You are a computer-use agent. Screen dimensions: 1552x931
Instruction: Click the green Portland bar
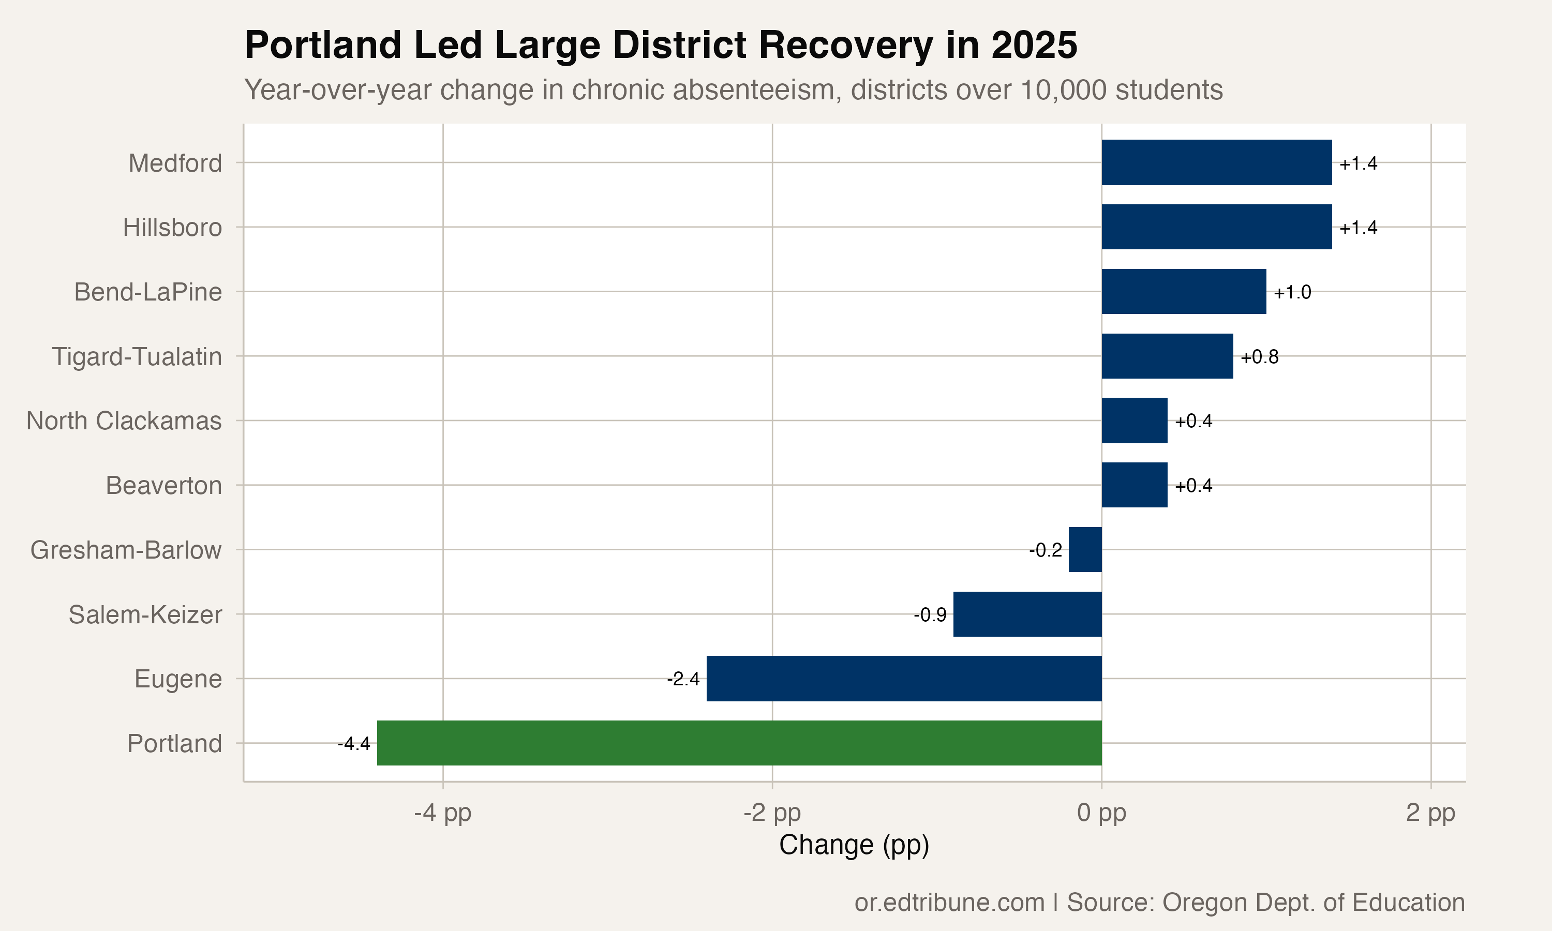739,743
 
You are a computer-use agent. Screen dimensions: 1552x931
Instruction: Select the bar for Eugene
904,678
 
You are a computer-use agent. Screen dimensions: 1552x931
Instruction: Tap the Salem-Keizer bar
1027,614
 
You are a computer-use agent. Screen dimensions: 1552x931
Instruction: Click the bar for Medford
1217,162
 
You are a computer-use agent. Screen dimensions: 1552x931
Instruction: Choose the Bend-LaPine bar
1184,292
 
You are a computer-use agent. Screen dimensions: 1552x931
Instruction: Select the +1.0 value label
1292,292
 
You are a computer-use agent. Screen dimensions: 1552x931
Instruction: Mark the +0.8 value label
1260,357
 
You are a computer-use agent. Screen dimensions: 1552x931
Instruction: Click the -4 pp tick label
443,814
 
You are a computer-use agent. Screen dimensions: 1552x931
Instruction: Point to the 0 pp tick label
1101,814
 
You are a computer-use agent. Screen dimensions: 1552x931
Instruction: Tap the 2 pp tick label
1431,814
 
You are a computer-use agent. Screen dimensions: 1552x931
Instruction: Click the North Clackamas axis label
124,421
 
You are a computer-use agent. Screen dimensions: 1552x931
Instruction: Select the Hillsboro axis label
172,227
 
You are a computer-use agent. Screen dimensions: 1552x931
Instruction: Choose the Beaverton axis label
163,486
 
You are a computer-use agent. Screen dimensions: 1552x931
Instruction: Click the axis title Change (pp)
854,846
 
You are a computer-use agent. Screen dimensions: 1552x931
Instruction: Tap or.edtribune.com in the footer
949,903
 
